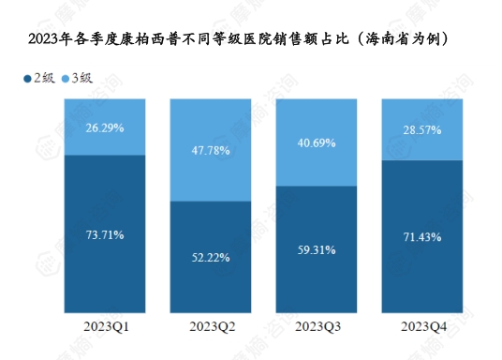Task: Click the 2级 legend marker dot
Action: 27,78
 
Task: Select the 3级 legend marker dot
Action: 65,78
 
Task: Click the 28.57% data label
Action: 422,128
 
